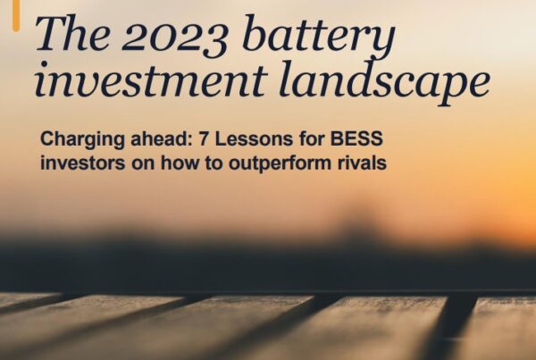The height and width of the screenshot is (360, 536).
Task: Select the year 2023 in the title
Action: (175, 36)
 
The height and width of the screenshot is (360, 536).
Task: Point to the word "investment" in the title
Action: (151, 80)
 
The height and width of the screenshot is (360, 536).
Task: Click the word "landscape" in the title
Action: (384, 83)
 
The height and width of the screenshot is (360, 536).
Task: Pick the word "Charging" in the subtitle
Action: (82, 140)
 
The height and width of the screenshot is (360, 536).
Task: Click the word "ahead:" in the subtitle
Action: (162, 138)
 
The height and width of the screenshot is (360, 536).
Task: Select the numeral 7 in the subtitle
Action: (204, 138)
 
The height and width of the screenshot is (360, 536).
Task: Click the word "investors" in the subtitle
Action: (83, 163)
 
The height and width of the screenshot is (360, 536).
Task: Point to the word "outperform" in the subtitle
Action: (281, 164)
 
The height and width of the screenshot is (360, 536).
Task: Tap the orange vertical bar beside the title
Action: (16, 16)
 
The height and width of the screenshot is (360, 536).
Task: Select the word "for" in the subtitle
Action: (312, 138)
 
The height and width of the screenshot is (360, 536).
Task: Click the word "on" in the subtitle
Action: (143, 163)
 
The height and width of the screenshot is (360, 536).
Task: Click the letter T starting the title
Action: (51, 33)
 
